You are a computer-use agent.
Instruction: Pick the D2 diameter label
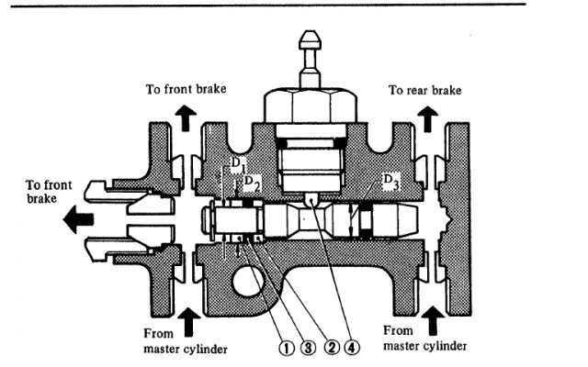click(x=251, y=179)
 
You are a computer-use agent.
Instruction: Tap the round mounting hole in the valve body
click(x=249, y=283)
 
